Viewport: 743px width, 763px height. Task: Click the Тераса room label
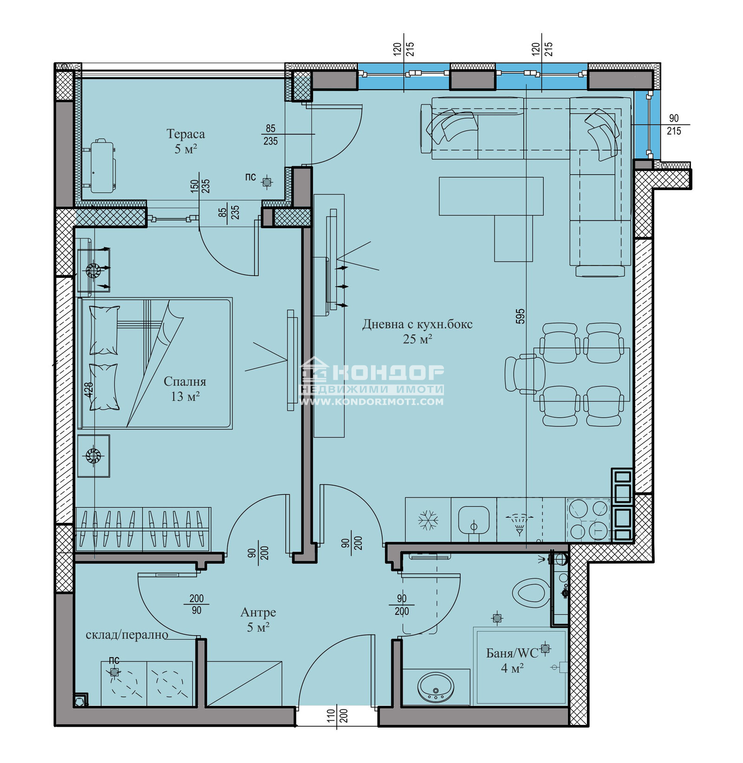(186, 134)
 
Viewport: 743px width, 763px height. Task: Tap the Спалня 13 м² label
(185, 388)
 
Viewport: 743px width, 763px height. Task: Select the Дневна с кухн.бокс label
(417, 324)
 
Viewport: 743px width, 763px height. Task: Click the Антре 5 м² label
(258, 619)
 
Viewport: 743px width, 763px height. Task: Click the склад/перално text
(127, 635)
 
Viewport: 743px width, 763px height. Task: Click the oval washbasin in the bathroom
(436, 687)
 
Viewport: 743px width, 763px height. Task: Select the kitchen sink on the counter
(474, 520)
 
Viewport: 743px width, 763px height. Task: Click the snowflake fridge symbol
(428, 520)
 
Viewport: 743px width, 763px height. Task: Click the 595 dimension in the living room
(520, 316)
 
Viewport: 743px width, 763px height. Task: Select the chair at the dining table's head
(524, 375)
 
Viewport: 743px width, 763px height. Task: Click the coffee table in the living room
(491, 196)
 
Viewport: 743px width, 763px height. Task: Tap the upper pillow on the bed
(104, 330)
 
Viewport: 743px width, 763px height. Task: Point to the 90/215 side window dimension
(673, 125)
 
